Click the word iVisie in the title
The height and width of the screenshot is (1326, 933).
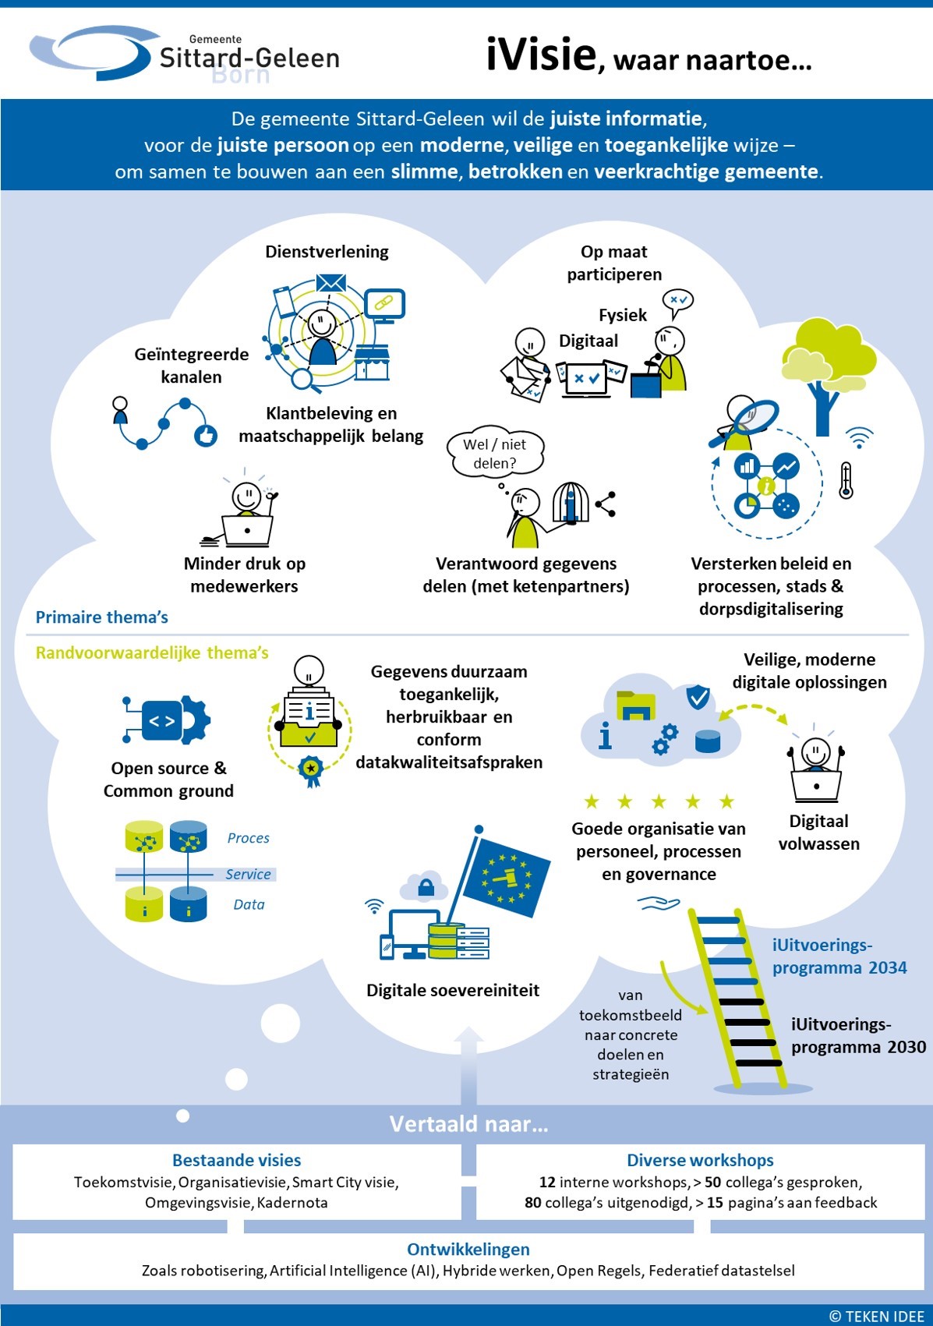pos(541,55)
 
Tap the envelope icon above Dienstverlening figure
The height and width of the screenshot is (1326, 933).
pos(331,282)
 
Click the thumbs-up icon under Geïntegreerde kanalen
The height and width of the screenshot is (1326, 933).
pos(206,435)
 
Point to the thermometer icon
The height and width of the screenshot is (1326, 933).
pos(846,480)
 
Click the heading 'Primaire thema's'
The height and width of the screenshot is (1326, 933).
pos(102,617)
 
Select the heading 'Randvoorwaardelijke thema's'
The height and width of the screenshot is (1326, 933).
pos(152,652)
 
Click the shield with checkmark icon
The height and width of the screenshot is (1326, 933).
pos(698,696)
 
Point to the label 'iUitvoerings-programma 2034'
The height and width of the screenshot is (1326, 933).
pos(839,956)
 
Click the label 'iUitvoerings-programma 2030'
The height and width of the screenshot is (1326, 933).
pos(857,1036)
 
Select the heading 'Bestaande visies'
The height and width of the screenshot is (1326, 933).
pos(236,1160)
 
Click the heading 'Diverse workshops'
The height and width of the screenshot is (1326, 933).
pos(700,1160)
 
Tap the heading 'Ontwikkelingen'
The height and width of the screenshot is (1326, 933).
pos(468,1249)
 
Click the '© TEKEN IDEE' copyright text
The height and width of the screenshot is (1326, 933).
pos(876,1316)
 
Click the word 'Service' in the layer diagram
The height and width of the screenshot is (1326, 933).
pos(248,875)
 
